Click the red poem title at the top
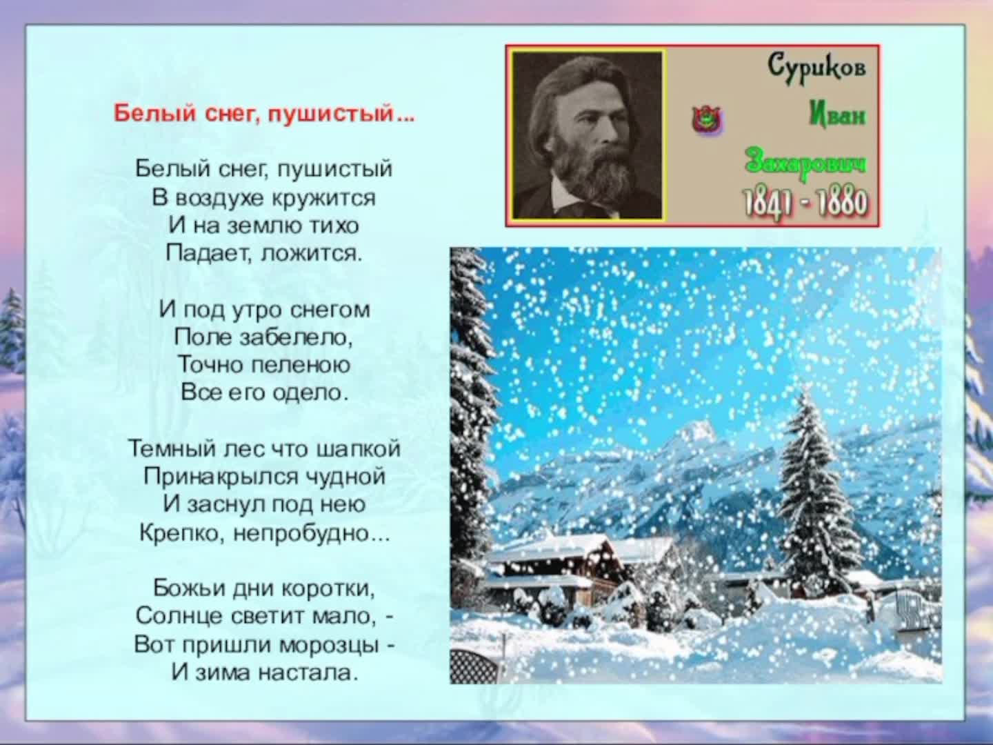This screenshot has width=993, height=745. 265,114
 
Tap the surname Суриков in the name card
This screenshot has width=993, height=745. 816,68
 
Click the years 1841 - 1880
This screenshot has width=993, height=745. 805,202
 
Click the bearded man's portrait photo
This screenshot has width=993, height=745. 587,135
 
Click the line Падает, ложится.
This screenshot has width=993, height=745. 264,253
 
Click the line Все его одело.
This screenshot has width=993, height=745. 264,393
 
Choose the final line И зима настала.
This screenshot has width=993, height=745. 264,672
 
